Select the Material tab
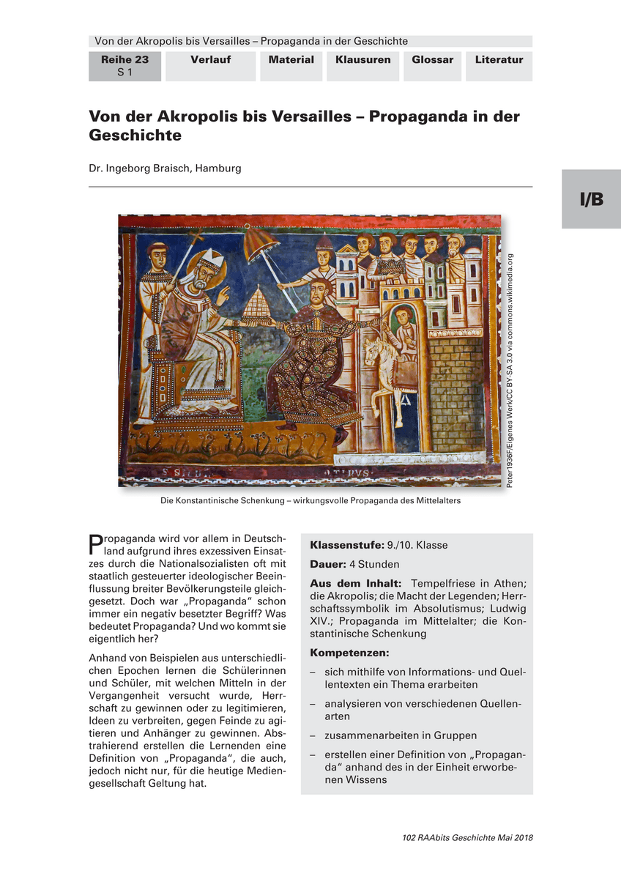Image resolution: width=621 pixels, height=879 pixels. [x=291, y=60]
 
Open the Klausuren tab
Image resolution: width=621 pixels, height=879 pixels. [x=363, y=60]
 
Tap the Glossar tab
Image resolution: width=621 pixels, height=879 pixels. [x=432, y=60]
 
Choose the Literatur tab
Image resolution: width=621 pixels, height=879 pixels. [x=499, y=60]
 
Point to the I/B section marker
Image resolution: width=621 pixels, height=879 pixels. [x=592, y=199]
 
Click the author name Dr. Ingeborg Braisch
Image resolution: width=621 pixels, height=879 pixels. [x=165, y=168]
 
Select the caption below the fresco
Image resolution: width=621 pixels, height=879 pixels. [x=310, y=502]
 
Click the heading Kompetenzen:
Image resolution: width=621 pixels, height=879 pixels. [x=349, y=652]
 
